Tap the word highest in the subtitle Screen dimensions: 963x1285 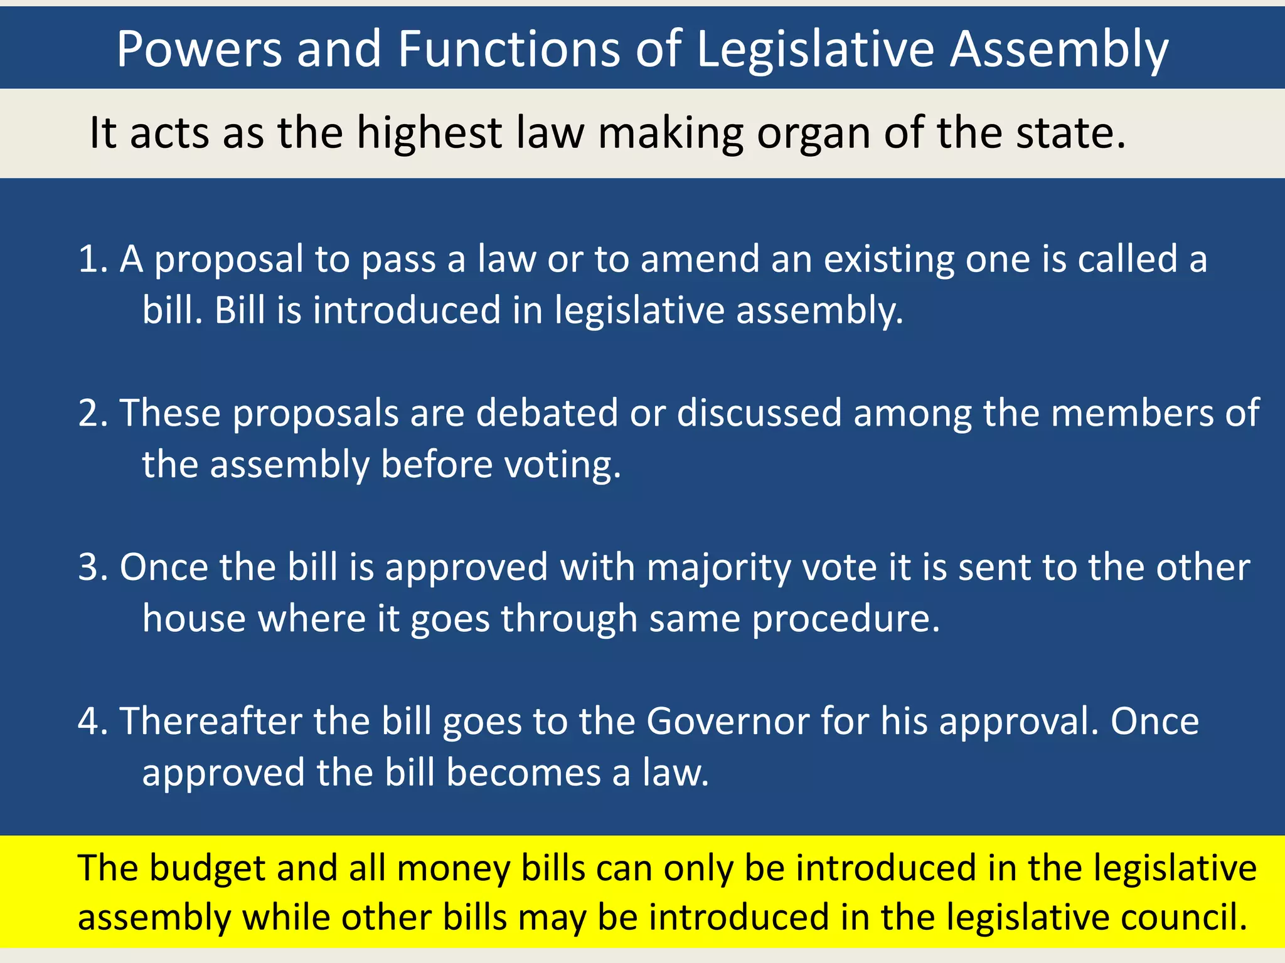pos(430,134)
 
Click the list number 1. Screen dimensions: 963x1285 pos(92,259)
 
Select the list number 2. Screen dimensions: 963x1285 pos(92,413)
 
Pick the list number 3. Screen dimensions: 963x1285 pos(92,567)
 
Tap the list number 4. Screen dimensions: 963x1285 pos(92,721)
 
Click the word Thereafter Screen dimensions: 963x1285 pos(211,721)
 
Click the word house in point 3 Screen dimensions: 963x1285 pos(194,618)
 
